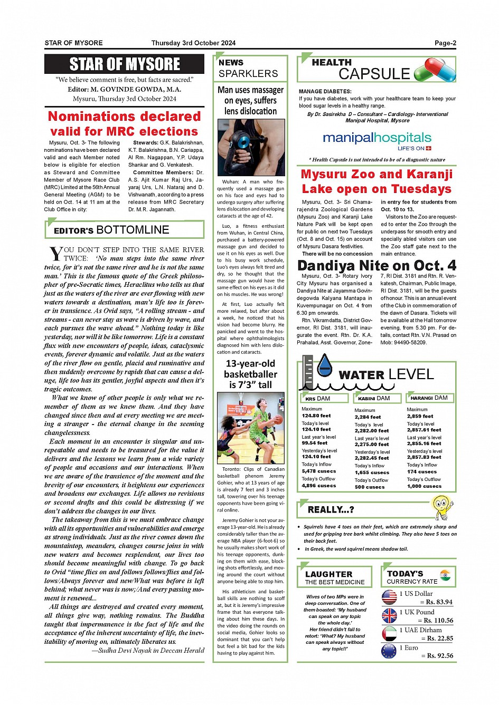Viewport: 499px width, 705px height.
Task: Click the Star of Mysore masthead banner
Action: point(125,64)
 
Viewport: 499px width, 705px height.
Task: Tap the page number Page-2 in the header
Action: point(445,43)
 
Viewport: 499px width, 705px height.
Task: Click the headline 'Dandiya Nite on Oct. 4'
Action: point(376,265)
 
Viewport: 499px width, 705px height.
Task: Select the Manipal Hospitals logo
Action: point(377,140)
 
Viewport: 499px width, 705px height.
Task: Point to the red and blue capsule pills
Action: point(435,70)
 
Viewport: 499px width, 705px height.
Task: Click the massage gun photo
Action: point(251,147)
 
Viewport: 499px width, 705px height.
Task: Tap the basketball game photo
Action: point(251,428)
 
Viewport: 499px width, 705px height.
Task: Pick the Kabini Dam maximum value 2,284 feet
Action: point(368,417)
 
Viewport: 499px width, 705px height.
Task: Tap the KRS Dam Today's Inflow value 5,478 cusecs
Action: point(318,471)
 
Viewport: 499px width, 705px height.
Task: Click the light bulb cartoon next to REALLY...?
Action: point(442,507)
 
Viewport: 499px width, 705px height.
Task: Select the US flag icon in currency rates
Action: point(389,597)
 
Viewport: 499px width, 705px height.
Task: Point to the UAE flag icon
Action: point(389,633)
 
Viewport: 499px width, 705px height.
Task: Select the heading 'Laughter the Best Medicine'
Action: point(335,577)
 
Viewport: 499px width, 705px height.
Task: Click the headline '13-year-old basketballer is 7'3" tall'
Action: point(251,374)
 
